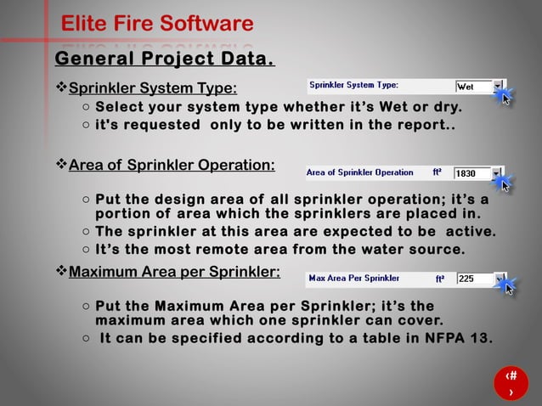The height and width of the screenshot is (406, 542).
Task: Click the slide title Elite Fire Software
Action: pos(157,24)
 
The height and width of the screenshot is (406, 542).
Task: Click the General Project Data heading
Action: pos(164,59)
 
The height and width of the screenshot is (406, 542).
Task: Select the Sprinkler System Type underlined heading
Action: pos(152,88)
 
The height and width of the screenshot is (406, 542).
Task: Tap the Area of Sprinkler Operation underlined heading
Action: pos(171,164)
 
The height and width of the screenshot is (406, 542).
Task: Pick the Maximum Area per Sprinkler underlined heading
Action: pos(174,273)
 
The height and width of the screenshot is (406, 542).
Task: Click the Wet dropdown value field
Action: pos(472,87)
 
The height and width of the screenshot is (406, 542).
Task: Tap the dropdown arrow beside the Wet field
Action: pos(498,87)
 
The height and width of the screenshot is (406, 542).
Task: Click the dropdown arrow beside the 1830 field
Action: pos(498,173)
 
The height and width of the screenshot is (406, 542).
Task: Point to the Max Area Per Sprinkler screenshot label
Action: pos(354,278)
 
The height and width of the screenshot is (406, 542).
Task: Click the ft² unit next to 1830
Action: pos(437,172)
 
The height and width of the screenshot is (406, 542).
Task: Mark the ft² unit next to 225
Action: pos(440,278)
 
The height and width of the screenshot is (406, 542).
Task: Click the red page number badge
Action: pos(511,383)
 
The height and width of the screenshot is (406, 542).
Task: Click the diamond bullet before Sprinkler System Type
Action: pos(60,88)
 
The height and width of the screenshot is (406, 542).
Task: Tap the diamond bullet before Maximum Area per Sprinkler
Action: pos(60,273)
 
